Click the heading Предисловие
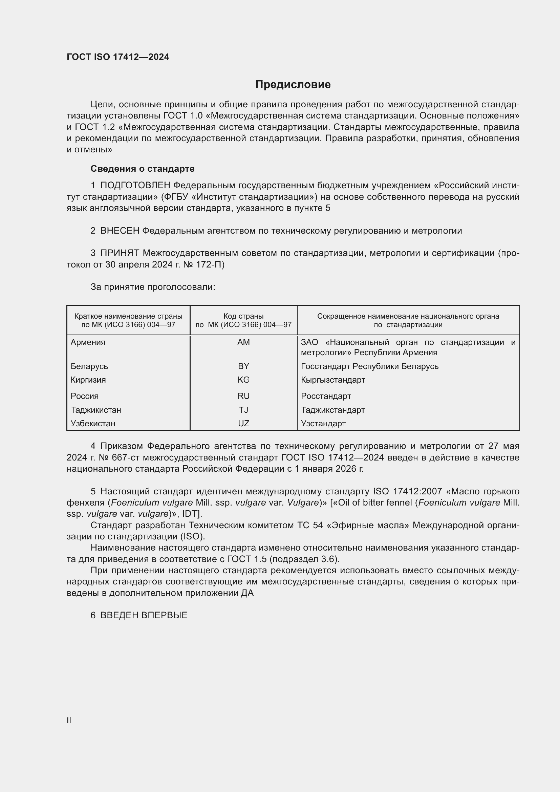click(x=293, y=85)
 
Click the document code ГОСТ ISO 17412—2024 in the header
click(x=118, y=57)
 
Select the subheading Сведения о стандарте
click(x=143, y=169)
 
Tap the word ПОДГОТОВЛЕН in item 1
click(x=135, y=186)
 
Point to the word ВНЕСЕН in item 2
click(x=120, y=231)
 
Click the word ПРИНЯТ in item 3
click(x=120, y=253)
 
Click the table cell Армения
click(x=88, y=342)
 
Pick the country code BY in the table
click(x=243, y=366)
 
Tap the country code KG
click(x=243, y=380)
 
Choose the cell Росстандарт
click(x=326, y=396)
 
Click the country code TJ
click(x=243, y=410)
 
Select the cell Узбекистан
click(x=93, y=423)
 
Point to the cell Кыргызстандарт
click(x=333, y=380)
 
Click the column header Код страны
click(x=243, y=316)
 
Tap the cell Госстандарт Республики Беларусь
click(x=369, y=366)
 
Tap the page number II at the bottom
click(x=69, y=720)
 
